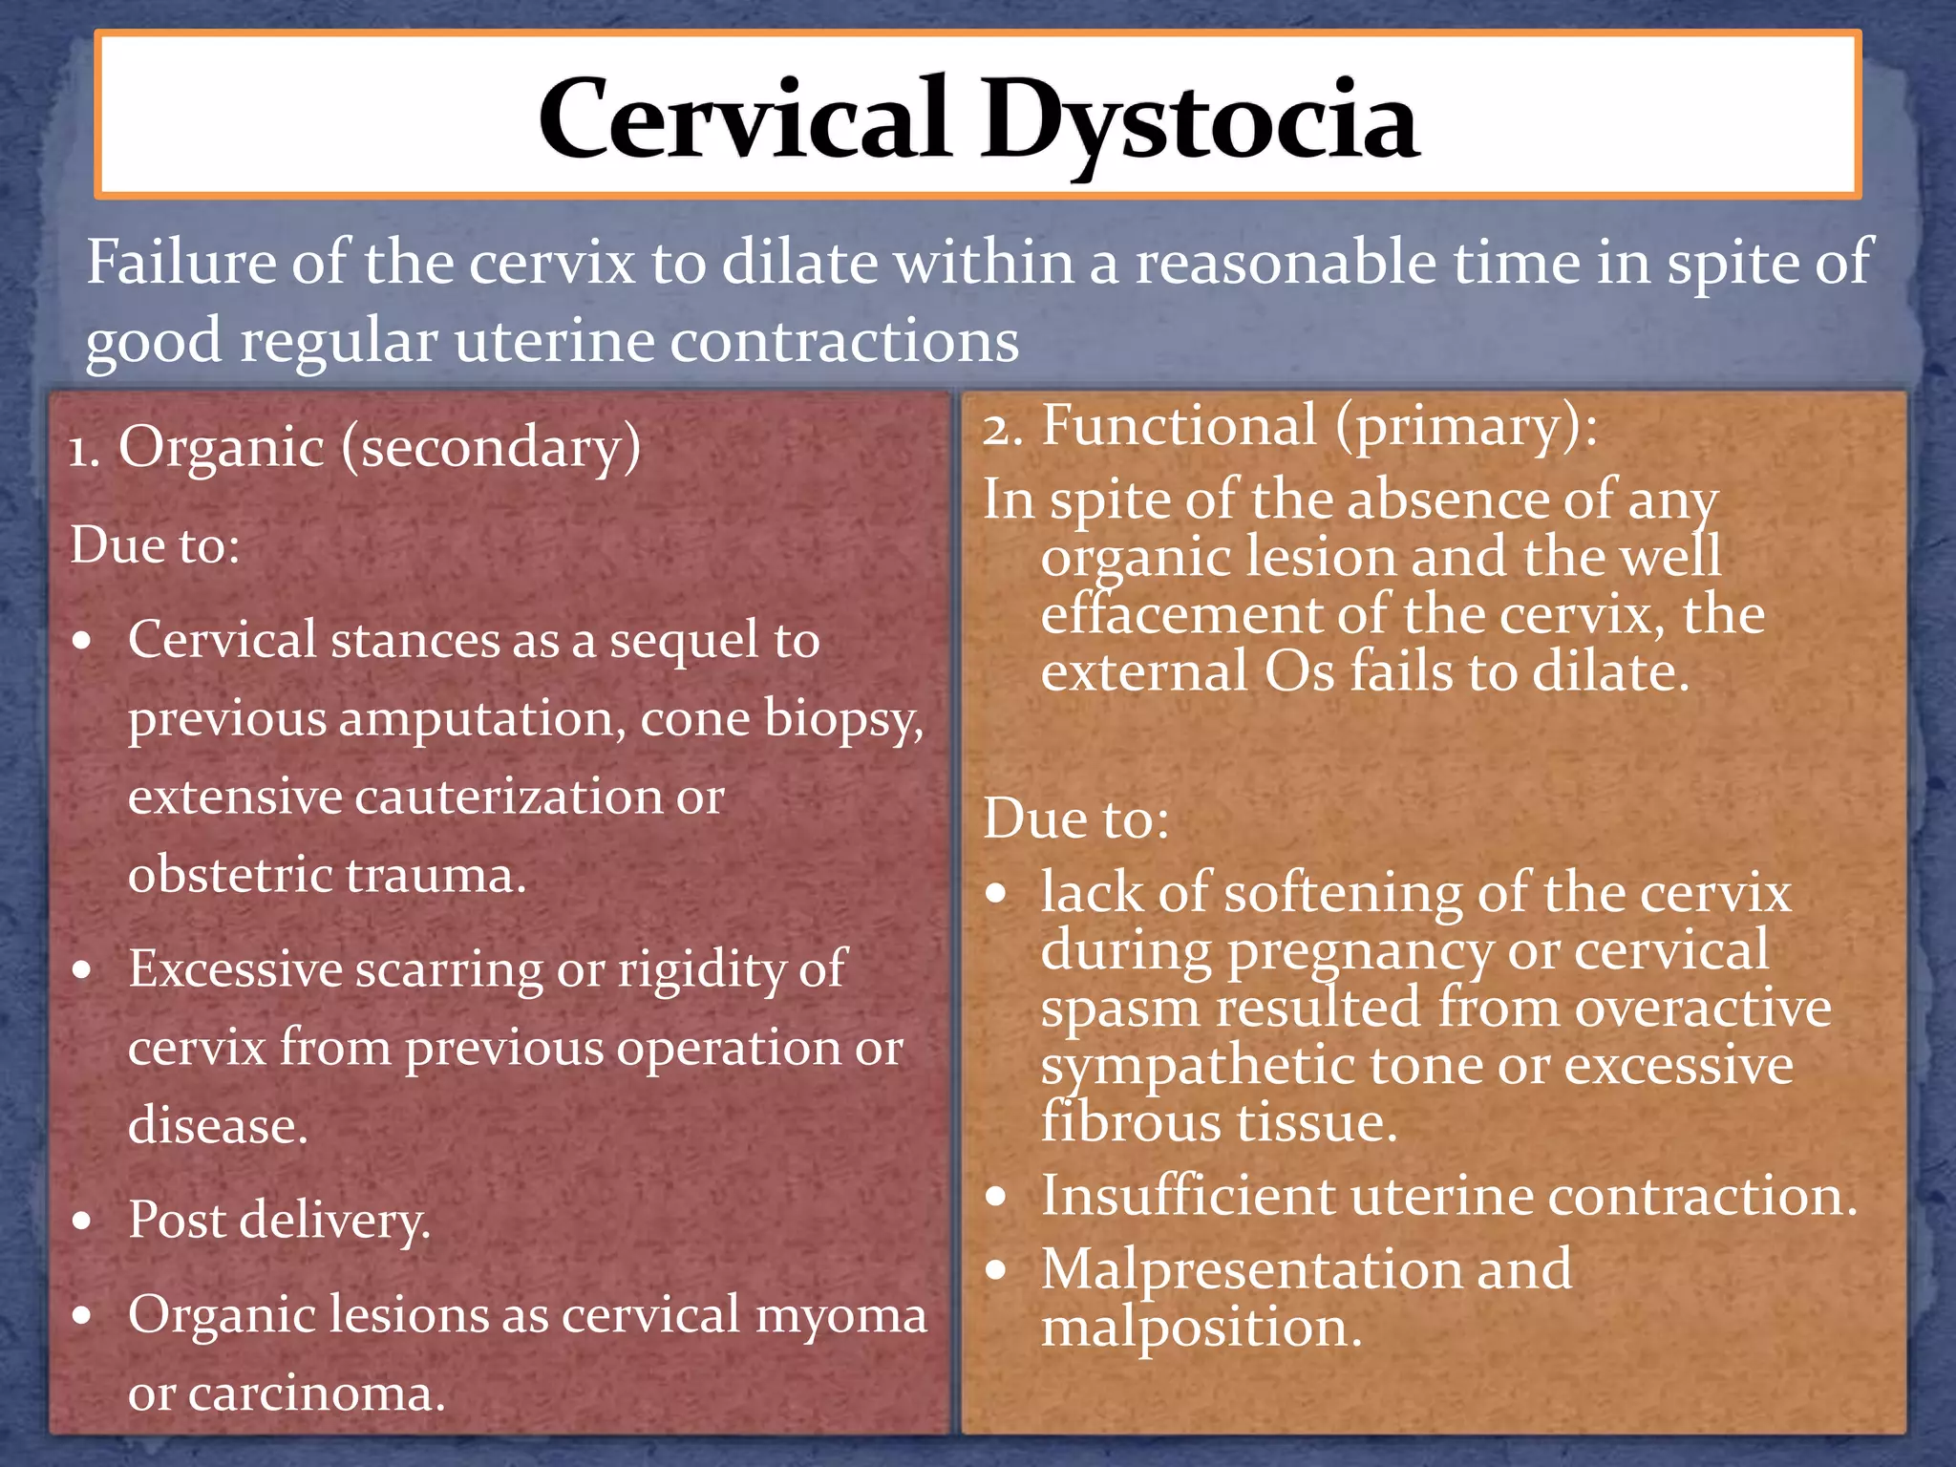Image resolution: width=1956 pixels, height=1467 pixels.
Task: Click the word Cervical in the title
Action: pyautogui.click(x=743, y=119)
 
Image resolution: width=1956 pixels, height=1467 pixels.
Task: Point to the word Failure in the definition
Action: pyautogui.click(x=181, y=263)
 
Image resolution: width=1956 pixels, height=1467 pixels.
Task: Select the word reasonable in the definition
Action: pyautogui.click(x=1285, y=263)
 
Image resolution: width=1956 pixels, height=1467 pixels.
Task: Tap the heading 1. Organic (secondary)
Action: pyautogui.click(x=354, y=447)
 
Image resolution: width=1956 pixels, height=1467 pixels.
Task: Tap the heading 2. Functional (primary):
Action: pyautogui.click(x=1289, y=425)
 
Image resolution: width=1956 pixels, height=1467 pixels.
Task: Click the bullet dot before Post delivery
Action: pyautogui.click(x=83, y=1221)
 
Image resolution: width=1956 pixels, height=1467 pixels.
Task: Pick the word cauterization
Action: pyautogui.click(x=508, y=797)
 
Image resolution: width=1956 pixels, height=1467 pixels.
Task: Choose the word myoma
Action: pyautogui.click(x=840, y=1315)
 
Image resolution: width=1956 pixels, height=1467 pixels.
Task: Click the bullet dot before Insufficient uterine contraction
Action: pyautogui.click(x=997, y=1197)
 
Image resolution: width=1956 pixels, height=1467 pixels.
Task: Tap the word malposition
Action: pyautogui.click(x=1201, y=1329)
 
